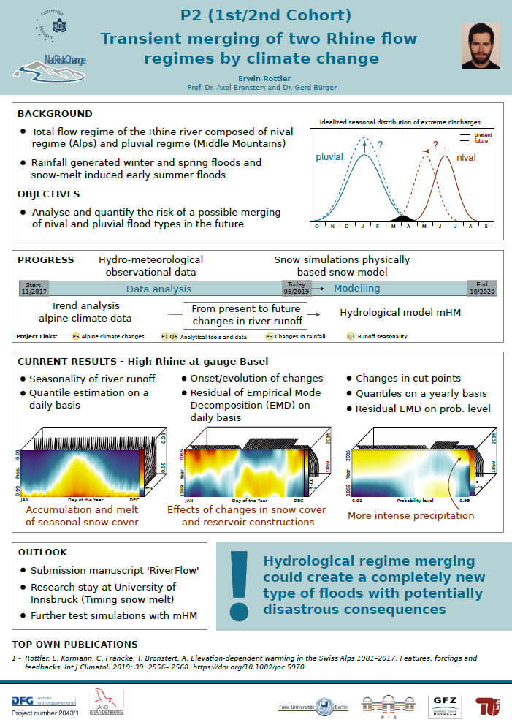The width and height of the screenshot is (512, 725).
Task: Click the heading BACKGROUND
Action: click(55, 114)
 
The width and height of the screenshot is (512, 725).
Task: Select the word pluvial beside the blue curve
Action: click(329, 156)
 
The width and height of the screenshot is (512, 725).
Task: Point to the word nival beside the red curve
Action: click(466, 157)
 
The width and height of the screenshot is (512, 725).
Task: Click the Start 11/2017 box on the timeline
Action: click(34, 288)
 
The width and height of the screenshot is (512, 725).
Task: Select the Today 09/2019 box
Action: click(297, 288)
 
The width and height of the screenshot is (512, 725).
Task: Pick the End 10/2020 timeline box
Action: click(482, 288)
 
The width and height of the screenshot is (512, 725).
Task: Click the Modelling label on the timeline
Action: click(357, 289)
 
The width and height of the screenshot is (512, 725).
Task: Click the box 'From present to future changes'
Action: click(246, 315)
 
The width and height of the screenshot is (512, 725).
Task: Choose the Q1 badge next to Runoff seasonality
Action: click(351, 337)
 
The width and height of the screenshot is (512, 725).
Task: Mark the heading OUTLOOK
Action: click(42, 553)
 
